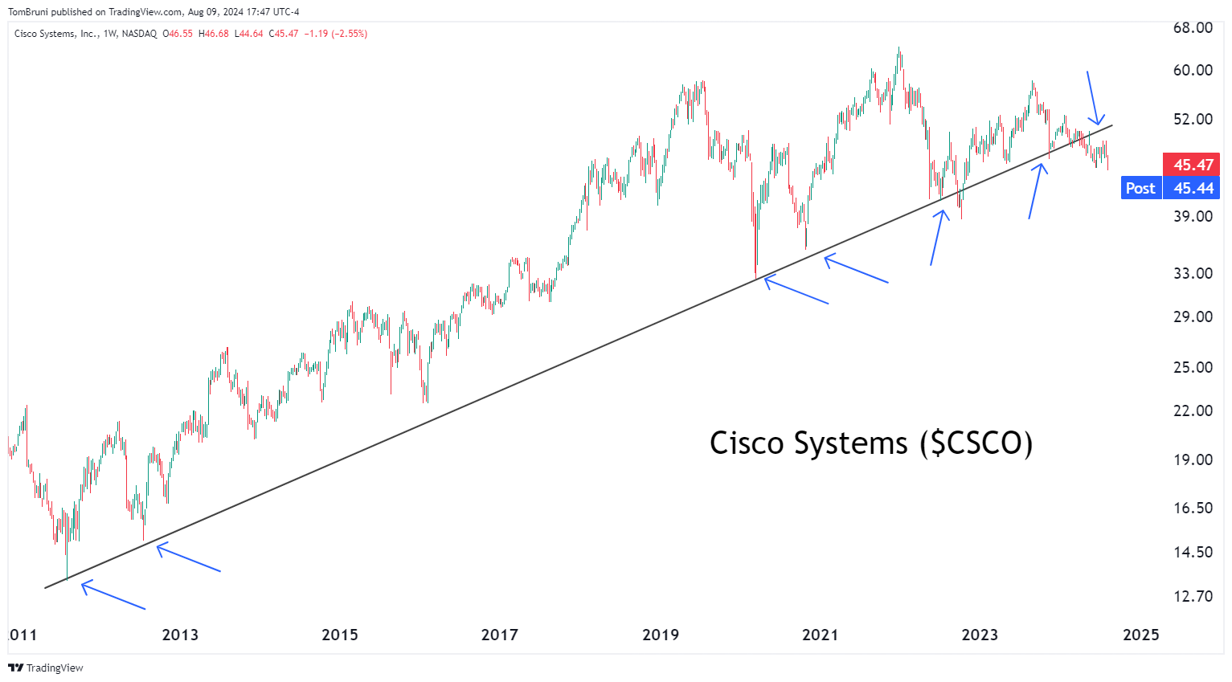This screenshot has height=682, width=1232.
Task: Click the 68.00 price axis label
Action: click(1193, 28)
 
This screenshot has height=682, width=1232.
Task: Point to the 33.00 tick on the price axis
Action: click(1193, 274)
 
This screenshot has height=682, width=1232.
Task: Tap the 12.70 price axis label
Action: click(1193, 597)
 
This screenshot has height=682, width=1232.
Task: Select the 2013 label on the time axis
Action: click(180, 635)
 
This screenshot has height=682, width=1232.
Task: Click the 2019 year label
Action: click(661, 635)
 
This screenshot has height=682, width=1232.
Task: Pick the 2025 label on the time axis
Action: click(1141, 635)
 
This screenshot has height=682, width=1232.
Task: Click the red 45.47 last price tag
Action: click(1193, 165)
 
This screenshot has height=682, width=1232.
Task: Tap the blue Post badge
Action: click(1140, 188)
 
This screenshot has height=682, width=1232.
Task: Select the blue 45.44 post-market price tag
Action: click(1193, 188)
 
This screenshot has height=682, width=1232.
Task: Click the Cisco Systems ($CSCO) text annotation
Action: click(871, 443)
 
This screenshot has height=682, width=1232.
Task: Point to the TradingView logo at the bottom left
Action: click(46, 668)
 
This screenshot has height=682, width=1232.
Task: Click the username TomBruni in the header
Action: click(28, 12)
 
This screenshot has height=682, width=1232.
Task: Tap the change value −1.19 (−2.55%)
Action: click(335, 34)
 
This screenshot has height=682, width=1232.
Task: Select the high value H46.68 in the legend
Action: click(214, 34)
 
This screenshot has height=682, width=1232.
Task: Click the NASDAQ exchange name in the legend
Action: click(139, 34)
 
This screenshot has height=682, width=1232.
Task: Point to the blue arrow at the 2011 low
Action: click(113, 595)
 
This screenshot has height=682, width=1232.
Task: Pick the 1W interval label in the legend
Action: click(110, 34)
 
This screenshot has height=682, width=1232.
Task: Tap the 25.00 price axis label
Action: click(1193, 368)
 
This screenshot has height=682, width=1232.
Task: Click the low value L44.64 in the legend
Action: click(248, 34)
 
